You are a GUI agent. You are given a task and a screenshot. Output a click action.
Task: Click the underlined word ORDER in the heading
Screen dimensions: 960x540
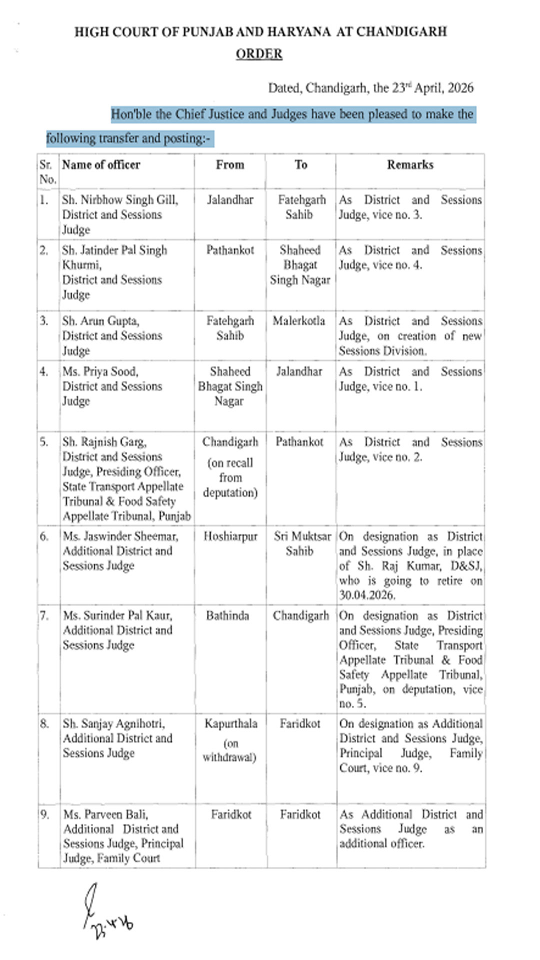tap(259, 54)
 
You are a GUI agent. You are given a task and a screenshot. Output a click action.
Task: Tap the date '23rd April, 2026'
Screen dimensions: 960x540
tap(432, 88)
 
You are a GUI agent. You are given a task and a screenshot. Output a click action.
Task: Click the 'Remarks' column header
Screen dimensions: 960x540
tap(410, 165)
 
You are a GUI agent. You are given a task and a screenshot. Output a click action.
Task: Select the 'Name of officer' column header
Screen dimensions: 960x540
tap(101, 165)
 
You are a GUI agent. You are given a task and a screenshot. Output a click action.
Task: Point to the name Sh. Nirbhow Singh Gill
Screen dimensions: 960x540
tap(120, 200)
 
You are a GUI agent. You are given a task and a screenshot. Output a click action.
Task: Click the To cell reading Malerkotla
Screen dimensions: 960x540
tap(299, 321)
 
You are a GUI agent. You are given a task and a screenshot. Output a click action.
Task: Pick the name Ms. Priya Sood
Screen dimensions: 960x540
tap(100, 371)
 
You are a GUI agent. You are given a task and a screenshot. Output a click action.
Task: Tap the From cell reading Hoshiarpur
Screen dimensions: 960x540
tap(230, 536)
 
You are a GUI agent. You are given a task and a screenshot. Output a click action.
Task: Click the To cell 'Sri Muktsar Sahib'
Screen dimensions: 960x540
tap(302, 543)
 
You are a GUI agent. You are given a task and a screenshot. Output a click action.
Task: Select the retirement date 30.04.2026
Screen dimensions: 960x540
tap(367, 595)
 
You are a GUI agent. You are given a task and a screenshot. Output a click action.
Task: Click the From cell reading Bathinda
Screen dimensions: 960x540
tap(227, 615)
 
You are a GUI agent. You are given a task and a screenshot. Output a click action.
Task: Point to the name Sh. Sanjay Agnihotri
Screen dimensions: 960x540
tap(114, 723)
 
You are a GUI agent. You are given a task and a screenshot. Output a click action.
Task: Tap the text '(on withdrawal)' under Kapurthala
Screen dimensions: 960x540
tap(229, 750)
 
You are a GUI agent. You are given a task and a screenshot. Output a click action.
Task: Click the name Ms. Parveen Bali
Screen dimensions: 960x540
tap(105, 814)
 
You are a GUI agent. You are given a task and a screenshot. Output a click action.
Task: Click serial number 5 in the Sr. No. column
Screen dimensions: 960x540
tap(44, 442)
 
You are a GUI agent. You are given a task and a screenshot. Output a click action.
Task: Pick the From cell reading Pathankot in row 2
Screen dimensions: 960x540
tap(230, 250)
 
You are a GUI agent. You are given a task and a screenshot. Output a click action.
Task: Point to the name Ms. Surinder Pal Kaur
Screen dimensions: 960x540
tap(117, 615)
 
